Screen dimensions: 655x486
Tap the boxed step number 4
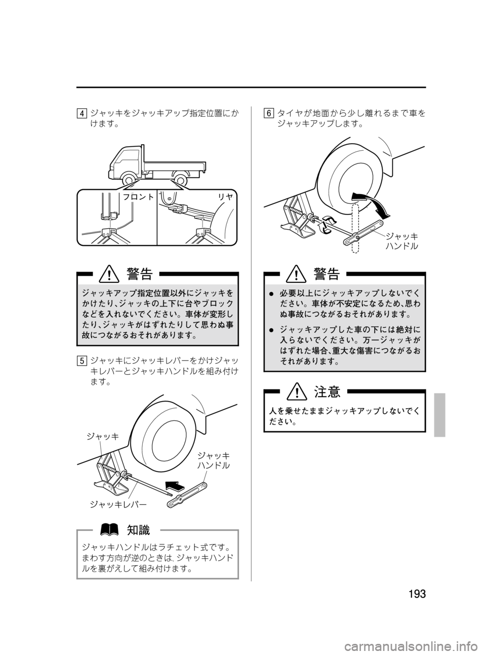(82, 113)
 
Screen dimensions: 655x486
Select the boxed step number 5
(82, 361)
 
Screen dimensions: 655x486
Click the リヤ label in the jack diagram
(225, 197)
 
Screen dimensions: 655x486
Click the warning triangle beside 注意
(294, 392)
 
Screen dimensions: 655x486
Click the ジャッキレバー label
(118, 504)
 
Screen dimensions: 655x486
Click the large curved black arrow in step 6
(373, 203)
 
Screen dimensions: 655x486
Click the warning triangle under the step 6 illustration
(294, 275)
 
